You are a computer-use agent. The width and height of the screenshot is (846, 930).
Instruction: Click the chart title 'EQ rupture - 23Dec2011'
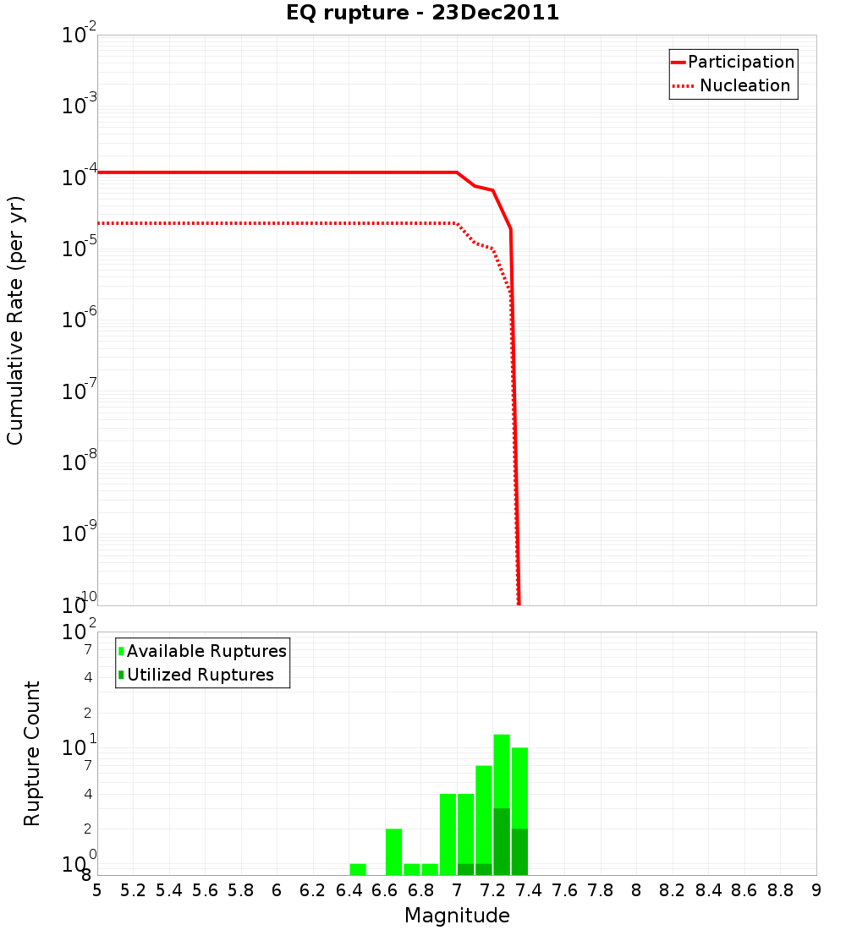coord(422,13)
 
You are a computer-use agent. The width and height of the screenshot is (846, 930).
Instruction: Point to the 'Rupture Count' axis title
coord(32,753)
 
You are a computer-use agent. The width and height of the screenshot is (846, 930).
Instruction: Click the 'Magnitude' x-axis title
coord(457,916)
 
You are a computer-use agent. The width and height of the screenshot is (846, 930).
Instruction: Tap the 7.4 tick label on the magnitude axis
coord(529,890)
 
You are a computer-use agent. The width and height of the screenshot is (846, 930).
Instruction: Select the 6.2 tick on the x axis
coord(312,890)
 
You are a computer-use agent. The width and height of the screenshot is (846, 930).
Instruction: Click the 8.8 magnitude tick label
coord(780,890)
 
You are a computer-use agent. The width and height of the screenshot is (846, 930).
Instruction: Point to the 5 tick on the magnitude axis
coord(97,890)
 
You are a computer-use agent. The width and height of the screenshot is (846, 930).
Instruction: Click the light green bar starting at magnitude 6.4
coord(358,869)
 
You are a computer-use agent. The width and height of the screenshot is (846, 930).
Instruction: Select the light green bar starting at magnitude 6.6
coord(393,851)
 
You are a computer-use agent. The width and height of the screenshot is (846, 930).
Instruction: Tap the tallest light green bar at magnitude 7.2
coord(502,770)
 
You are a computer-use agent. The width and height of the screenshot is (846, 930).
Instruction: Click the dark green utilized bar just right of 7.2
coord(502,842)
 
